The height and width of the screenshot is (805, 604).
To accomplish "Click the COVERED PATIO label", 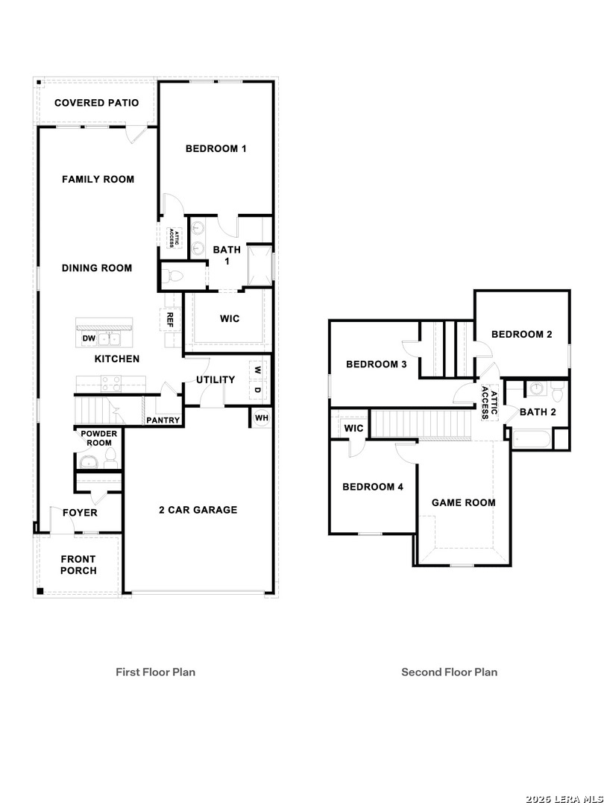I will pyautogui.click(x=96, y=103).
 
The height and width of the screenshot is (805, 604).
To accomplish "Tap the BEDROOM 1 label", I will pyautogui.click(x=216, y=148).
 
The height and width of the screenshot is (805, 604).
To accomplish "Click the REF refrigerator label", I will pyautogui.click(x=170, y=320).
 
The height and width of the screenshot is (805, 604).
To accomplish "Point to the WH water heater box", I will pyautogui.click(x=261, y=417).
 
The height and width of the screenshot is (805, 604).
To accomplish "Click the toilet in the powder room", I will pyautogui.click(x=110, y=455).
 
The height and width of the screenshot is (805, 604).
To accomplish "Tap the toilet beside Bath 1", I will pyautogui.click(x=174, y=276).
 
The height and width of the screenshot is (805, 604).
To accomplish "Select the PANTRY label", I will pyautogui.click(x=163, y=420).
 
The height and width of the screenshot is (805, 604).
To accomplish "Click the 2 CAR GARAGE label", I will pyautogui.click(x=198, y=510).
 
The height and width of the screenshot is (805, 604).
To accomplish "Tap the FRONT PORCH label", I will pyautogui.click(x=78, y=565).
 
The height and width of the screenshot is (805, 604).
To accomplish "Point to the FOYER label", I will pyautogui.click(x=80, y=513).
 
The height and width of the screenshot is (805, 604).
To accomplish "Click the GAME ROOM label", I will pyautogui.click(x=463, y=502).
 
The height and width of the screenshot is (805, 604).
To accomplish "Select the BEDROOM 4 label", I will pyautogui.click(x=373, y=487).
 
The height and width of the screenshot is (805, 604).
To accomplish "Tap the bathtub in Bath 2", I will pyautogui.click(x=531, y=439).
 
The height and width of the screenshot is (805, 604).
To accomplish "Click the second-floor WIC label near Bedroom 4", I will pyautogui.click(x=353, y=429).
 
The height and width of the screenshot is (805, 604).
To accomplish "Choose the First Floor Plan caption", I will pyautogui.click(x=155, y=672).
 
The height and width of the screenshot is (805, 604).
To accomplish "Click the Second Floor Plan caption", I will pyautogui.click(x=449, y=672).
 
